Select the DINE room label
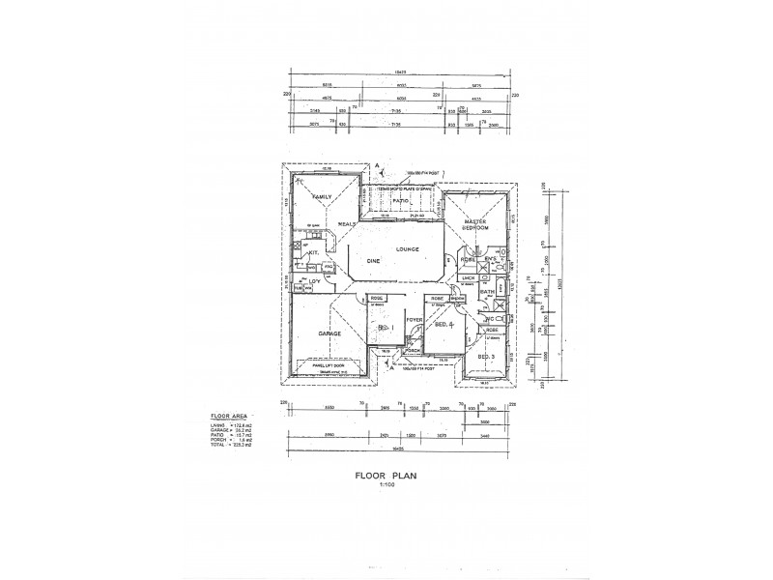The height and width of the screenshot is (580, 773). tap(371, 262)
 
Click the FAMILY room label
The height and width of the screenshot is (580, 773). tap(320, 196)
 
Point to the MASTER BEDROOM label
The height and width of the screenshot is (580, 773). tap(474, 225)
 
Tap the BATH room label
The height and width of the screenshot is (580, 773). tap(487, 291)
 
